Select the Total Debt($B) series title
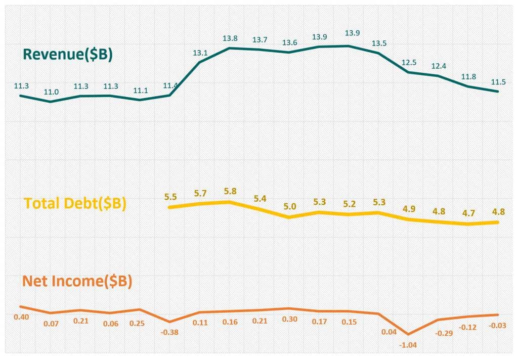pos(75,204)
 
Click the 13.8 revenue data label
pos(230,38)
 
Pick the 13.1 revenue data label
pos(200,53)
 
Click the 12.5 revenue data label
pos(409,62)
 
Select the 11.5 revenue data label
pos(498,81)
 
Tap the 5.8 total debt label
pos(230,191)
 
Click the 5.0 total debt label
pos(289,206)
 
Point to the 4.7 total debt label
pos(468,212)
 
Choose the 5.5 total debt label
pos(171,196)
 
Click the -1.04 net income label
pos(408,344)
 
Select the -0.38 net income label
pos(170,332)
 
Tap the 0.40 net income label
pos(21,317)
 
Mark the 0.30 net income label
pos(289,319)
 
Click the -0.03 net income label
pos(498,325)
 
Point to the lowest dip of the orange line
pos(408,334)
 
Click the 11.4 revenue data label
pos(170,85)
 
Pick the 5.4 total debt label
pos(260,199)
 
